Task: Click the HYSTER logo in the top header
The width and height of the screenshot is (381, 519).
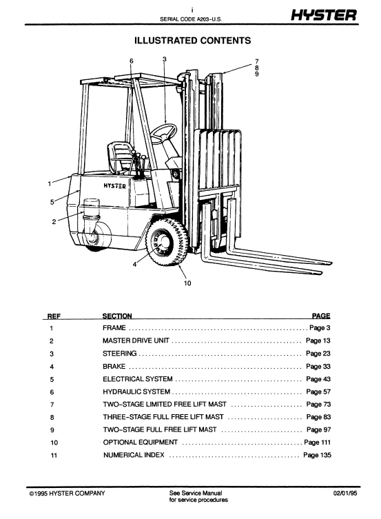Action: tap(324, 15)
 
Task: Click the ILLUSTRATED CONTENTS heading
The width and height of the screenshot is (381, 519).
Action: tap(192, 41)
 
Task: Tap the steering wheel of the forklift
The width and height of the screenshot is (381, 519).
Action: tap(164, 133)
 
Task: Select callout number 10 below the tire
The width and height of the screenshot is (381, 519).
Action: tap(187, 283)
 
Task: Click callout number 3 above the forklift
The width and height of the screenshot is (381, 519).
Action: tap(165, 59)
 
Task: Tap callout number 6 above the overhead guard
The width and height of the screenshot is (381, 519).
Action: tap(132, 61)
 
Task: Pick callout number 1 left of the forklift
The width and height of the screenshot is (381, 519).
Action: tap(50, 183)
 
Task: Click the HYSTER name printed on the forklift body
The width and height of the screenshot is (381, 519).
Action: tap(115, 185)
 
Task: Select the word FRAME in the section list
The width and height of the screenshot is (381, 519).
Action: tap(114, 327)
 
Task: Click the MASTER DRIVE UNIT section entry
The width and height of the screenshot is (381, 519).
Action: tap(136, 340)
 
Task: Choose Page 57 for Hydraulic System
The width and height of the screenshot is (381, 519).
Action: tap(318, 392)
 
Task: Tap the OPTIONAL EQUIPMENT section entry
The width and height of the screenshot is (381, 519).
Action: tap(141, 442)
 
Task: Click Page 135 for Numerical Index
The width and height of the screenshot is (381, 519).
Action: tap(317, 455)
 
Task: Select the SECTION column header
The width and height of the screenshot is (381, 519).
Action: tap(117, 316)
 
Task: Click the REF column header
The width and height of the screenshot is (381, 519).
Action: tap(54, 316)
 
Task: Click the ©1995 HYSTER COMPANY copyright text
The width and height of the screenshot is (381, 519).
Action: tap(67, 493)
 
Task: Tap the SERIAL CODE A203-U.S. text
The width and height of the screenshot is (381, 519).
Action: tap(191, 19)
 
